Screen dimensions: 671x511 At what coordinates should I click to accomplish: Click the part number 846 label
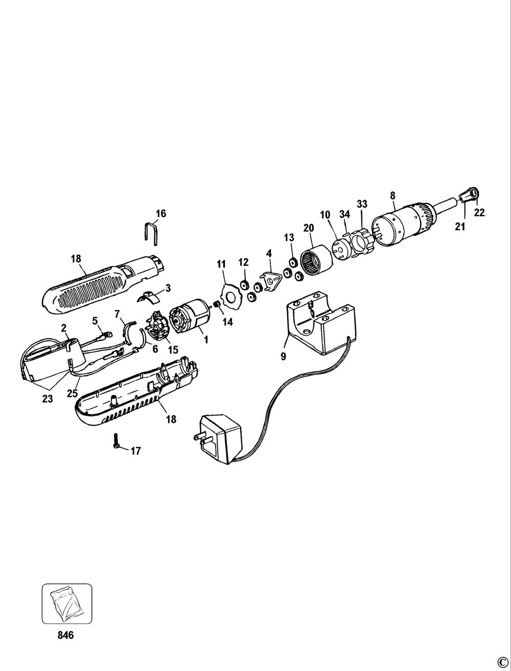click(66, 635)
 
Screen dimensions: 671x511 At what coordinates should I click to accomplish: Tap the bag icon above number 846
click(66, 604)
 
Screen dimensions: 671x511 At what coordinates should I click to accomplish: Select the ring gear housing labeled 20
click(315, 261)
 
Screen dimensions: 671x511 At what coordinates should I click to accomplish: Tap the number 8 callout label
click(392, 195)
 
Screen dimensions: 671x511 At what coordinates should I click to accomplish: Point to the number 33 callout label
click(362, 204)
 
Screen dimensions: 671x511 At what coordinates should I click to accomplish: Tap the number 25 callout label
click(72, 393)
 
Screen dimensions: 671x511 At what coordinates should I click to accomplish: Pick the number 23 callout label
click(48, 399)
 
